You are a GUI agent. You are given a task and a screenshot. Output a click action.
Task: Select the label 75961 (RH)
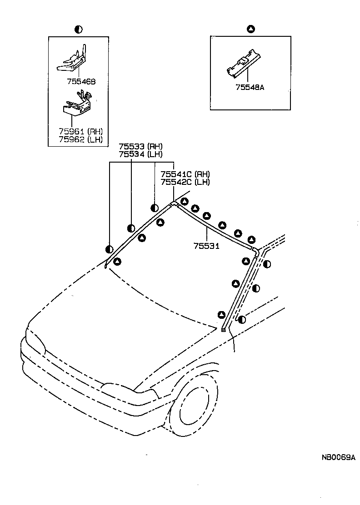pyautogui.click(x=80, y=132)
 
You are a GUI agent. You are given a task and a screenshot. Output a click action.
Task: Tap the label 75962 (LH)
pyautogui.click(x=80, y=139)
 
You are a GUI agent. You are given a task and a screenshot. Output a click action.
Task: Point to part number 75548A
pyautogui.click(x=250, y=87)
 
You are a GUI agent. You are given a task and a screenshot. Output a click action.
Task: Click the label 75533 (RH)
pyautogui.click(x=140, y=147)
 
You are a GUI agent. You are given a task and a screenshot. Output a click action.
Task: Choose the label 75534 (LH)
pyautogui.click(x=140, y=154)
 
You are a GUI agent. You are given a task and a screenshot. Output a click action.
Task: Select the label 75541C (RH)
pyautogui.click(x=185, y=174)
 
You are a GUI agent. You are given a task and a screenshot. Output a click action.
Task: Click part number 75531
pyautogui.click(x=206, y=246)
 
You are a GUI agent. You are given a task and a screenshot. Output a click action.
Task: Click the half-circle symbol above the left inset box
pyautogui.click(x=78, y=30)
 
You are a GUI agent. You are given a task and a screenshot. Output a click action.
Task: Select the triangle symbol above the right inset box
pyautogui.click(x=250, y=30)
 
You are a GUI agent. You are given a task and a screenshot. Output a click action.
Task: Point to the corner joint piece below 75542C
pyautogui.click(x=173, y=204)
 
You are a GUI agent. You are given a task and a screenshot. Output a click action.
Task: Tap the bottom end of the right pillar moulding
pyautogui.click(x=224, y=329)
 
